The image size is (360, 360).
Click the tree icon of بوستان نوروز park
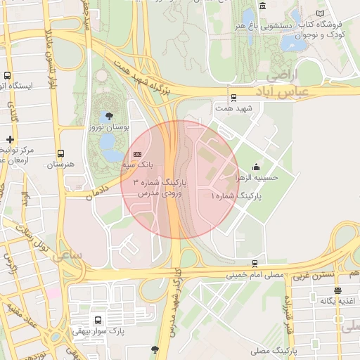[x=109, y=115]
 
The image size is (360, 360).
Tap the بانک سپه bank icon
[x=136, y=154]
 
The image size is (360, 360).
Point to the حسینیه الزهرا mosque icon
[x=255, y=167]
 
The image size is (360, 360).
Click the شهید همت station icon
[x=234, y=98]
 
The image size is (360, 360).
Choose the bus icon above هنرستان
[x=60, y=153]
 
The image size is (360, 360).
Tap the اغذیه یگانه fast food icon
[x=338, y=290]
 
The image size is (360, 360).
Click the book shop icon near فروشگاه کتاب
[x=321, y=13]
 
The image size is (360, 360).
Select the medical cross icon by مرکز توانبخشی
[x=10, y=139]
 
